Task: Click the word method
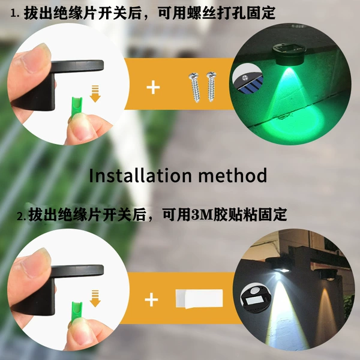pyautogui.click(x=233, y=175)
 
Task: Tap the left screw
pyautogui.click(x=194, y=88)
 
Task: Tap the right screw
pyautogui.click(x=211, y=86)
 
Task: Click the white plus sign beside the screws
pyautogui.click(x=153, y=88)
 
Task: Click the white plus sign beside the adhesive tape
pyautogui.click(x=151, y=299)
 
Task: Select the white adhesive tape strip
pyautogui.click(x=199, y=299)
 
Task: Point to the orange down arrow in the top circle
pyautogui.click(x=95, y=94)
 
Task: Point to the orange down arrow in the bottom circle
pyautogui.click(x=95, y=298)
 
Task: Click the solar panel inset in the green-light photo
pyautogui.click(x=248, y=79)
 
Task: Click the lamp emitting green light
pyautogui.click(x=287, y=55)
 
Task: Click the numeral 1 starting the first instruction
pyautogui.click(x=14, y=14)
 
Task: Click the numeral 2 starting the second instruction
pyautogui.click(x=20, y=216)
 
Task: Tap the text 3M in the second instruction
pyautogui.click(x=202, y=214)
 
